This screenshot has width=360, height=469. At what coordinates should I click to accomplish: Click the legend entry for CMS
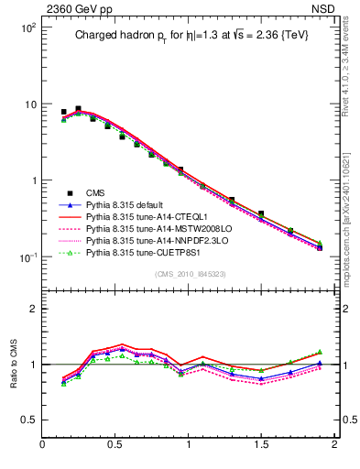tap(94, 192)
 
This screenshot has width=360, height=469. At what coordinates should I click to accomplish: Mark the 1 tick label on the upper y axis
tap(32, 180)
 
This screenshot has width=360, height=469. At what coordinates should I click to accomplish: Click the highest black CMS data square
tap(78, 109)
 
